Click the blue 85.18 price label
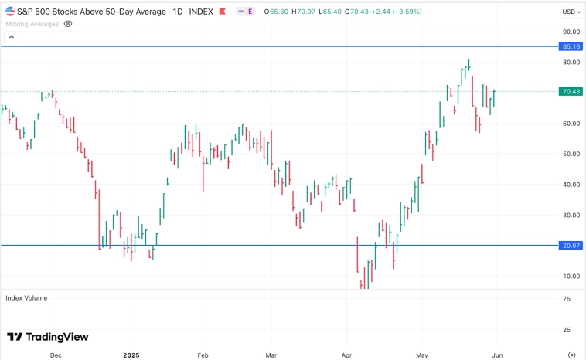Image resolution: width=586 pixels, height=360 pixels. [571, 46]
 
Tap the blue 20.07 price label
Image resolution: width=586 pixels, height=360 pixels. [571, 246]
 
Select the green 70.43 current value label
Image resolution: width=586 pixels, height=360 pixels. [571, 91]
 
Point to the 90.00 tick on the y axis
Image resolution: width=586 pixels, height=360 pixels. [571, 32]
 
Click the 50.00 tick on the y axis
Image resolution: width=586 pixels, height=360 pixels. [571, 154]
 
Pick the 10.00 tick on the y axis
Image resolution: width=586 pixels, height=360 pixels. [571, 276]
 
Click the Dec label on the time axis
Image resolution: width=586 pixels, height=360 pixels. [55, 355]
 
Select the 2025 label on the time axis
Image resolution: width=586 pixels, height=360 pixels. [134, 355]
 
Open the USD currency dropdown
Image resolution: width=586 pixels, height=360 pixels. [571, 12]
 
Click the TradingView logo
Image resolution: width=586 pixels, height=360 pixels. [48, 337]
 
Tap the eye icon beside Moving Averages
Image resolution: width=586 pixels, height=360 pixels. [67, 24]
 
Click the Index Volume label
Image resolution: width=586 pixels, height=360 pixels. [26, 297]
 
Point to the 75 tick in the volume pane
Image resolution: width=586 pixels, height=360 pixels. [567, 299]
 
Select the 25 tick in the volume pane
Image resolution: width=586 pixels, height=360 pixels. [567, 330]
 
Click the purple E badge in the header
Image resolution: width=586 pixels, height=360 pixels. [251, 12]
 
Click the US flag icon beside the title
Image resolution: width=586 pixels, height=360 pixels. [9, 12]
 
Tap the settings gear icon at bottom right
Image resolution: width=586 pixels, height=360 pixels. [571, 355]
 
